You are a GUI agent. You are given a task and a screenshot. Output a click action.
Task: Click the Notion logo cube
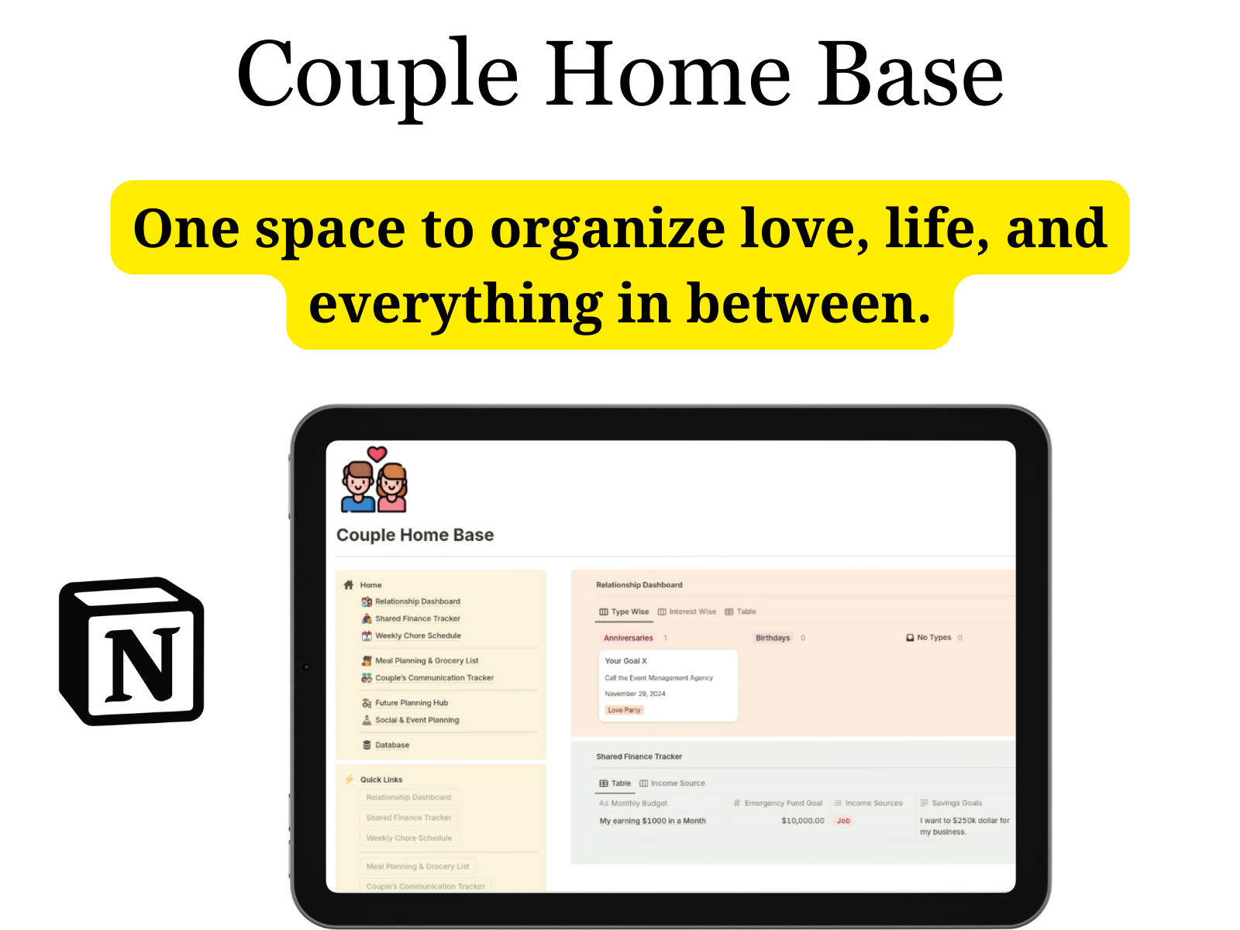point(132,651)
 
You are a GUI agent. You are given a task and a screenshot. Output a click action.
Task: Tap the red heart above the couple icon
point(377,454)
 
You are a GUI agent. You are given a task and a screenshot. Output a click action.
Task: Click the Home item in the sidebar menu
point(370,585)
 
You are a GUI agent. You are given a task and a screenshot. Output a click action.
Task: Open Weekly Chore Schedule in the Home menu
point(418,635)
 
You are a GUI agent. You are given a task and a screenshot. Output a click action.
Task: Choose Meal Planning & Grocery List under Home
point(426,661)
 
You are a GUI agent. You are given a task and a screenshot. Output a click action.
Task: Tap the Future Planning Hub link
point(412,703)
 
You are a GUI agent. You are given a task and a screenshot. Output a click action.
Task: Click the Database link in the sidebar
point(392,745)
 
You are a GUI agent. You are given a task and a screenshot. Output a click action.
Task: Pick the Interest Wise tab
point(692,611)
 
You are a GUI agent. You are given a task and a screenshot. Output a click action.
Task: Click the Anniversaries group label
point(628,638)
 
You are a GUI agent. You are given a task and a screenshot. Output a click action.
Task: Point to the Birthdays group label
point(773,638)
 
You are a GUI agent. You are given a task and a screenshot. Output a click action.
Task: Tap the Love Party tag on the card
point(624,710)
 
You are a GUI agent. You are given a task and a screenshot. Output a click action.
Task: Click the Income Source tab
point(677,784)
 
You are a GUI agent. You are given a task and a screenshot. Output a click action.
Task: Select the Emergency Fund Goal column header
point(783,803)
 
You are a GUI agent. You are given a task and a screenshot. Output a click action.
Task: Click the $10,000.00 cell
point(802,821)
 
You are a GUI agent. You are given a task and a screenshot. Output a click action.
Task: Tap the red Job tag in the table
point(843,821)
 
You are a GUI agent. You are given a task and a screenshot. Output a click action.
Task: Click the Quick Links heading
point(381,780)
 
